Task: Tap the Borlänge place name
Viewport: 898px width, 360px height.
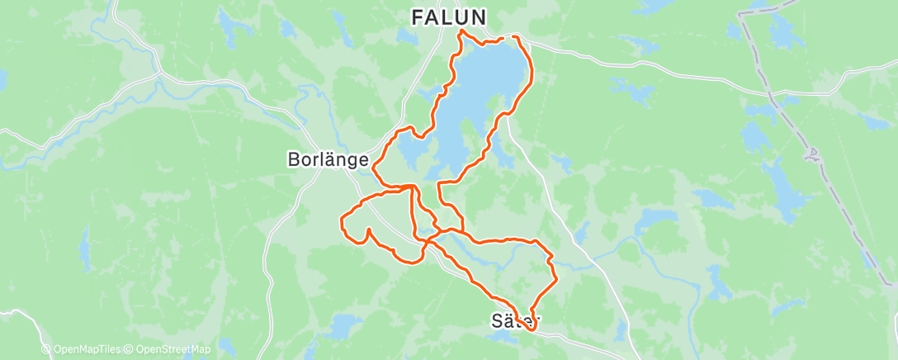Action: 327,160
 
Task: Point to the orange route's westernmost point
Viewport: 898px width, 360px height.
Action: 341,220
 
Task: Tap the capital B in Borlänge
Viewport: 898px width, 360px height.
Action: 292,160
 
